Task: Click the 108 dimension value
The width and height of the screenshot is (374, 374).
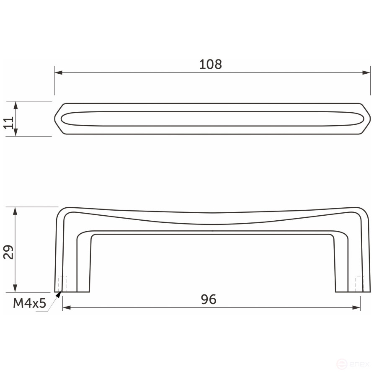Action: (210, 64)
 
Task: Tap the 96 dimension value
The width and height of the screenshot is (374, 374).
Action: (208, 299)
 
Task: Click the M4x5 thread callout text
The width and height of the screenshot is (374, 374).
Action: (29, 303)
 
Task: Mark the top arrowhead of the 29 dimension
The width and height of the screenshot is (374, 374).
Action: (15, 211)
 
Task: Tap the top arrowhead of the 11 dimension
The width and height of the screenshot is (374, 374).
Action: (15, 105)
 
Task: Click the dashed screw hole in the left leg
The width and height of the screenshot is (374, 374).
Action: (64, 284)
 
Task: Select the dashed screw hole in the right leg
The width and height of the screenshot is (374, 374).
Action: (358, 284)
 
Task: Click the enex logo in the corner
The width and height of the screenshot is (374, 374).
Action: (354, 365)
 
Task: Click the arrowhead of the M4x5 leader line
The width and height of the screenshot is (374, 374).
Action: (59, 294)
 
